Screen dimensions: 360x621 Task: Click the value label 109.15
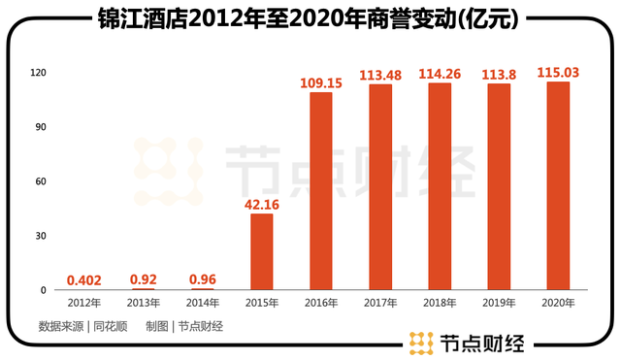[x=321, y=82]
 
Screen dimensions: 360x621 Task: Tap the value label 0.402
[x=83, y=279]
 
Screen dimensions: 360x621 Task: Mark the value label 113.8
[x=499, y=73]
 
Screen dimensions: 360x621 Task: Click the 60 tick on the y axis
[x=41, y=181]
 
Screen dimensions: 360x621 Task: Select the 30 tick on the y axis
[x=41, y=236]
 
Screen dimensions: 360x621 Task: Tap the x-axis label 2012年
[x=83, y=304]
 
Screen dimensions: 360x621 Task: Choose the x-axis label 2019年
[x=499, y=304]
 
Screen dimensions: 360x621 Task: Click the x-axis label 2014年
[x=202, y=304]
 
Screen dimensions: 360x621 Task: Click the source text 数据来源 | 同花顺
[x=82, y=326]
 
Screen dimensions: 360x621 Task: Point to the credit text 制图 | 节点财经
[x=184, y=326]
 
